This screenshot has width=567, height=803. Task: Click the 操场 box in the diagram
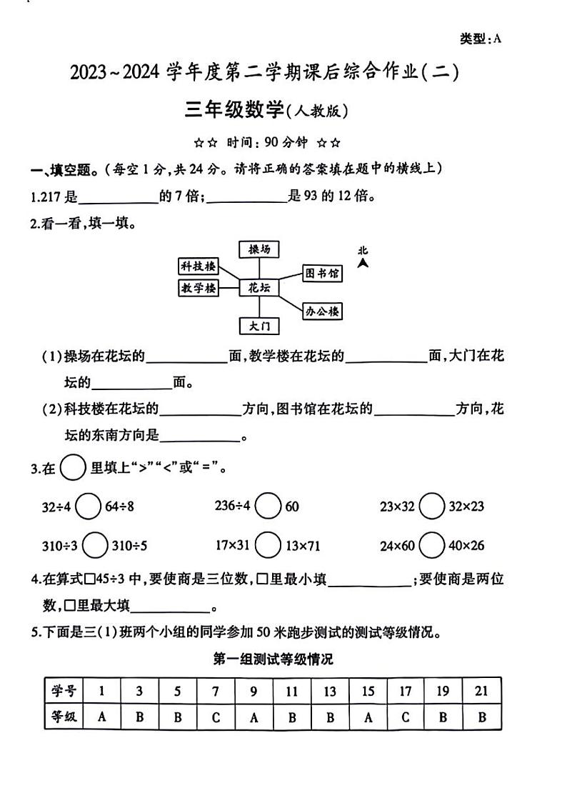259,249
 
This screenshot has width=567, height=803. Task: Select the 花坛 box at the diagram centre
259,288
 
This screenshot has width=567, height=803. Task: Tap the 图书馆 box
321,273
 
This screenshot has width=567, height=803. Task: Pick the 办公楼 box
322,311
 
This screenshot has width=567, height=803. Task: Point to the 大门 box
259,326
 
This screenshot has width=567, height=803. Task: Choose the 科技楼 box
198,266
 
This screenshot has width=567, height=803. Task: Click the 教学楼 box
198,288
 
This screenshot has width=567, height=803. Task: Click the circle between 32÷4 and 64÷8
88,507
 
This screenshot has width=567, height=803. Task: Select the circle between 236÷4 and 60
268,507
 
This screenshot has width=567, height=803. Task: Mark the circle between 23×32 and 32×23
432,507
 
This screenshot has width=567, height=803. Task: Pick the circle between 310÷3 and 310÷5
95,546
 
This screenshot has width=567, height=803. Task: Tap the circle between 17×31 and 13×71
268,546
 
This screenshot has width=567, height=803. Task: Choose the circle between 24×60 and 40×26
432,546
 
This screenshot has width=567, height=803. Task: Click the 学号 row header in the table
64,692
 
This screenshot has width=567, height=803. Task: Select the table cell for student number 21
481,692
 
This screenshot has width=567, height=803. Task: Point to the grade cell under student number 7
216,717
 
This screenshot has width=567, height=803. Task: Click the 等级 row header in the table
64,717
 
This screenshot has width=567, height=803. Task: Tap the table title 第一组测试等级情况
274,659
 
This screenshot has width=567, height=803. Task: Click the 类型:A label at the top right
481,39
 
